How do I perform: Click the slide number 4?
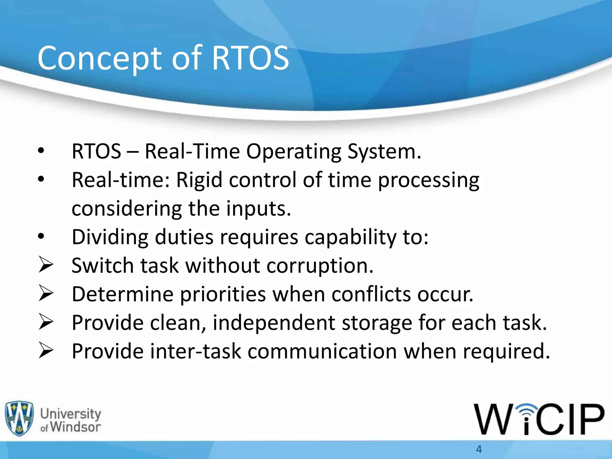point(479,449)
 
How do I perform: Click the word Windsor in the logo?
point(75,427)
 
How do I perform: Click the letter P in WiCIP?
point(590,419)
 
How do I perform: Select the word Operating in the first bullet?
point(293,151)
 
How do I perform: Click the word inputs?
point(258,208)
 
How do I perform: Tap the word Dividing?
point(110,237)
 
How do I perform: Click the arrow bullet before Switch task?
point(46,265)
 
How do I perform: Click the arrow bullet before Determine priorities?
point(46,293)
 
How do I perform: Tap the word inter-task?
point(195,351)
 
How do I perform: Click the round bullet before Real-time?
point(41,179)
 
